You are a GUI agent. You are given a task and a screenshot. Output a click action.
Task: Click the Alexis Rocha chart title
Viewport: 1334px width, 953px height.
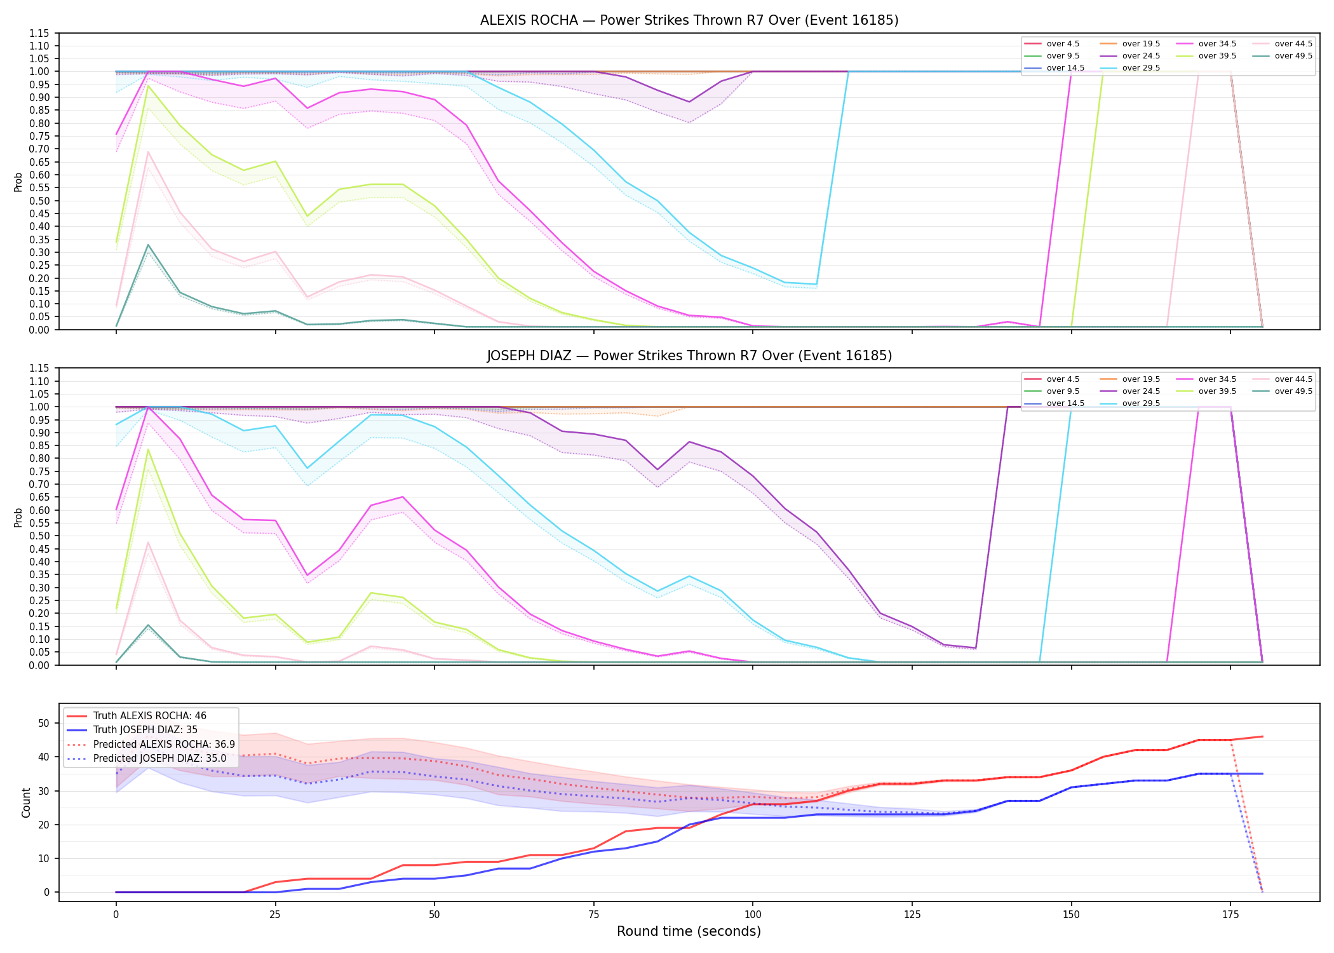tap(689, 20)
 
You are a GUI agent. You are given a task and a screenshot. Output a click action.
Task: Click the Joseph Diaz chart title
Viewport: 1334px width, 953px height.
tap(689, 356)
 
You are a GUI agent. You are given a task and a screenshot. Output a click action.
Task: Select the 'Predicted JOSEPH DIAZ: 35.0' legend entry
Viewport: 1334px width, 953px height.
tap(147, 759)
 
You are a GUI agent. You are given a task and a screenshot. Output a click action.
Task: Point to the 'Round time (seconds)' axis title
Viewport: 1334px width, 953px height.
tap(689, 931)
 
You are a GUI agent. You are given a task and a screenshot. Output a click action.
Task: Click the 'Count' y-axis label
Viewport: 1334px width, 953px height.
tap(26, 802)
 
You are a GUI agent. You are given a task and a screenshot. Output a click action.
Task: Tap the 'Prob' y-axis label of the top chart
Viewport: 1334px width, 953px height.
tap(18, 182)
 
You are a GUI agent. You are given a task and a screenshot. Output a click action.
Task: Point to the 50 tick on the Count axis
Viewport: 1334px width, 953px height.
tap(44, 723)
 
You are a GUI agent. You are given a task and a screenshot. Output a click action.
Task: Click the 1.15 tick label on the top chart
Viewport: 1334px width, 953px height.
tap(39, 33)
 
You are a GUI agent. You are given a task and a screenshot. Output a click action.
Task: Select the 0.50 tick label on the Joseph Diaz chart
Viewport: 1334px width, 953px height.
tap(39, 536)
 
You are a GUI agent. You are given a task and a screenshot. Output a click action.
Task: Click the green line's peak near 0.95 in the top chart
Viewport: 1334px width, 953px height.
tap(148, 85)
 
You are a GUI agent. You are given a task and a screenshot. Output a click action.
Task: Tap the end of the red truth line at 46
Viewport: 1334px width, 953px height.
tap(1262, 736)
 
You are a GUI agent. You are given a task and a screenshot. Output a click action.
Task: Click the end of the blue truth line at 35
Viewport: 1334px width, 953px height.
tap(1262, 774)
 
